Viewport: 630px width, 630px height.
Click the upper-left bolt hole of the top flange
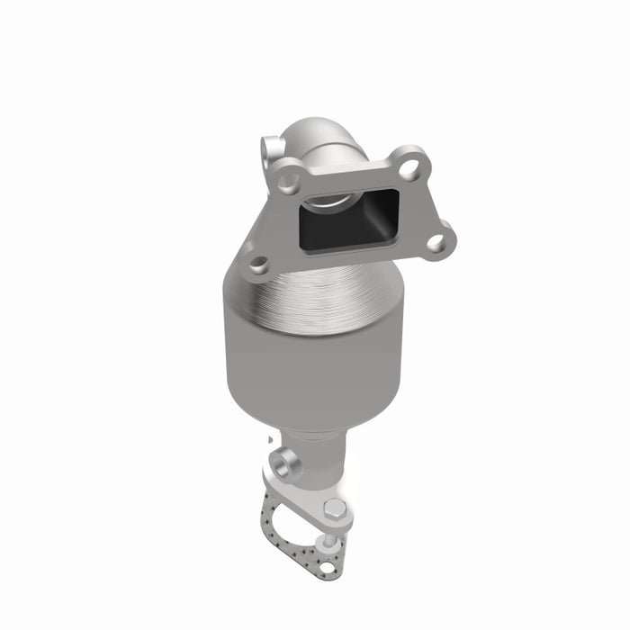point(289,182)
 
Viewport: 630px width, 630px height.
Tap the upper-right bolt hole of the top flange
point(410,166)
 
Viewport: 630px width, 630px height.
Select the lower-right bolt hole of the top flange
point(436,241)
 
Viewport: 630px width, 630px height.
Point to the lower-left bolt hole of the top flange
point(259,265)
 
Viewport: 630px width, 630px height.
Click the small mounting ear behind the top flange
point(270,147)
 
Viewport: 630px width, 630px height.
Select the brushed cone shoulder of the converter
point(315,297)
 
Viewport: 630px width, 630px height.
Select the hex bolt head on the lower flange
point(335,509)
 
